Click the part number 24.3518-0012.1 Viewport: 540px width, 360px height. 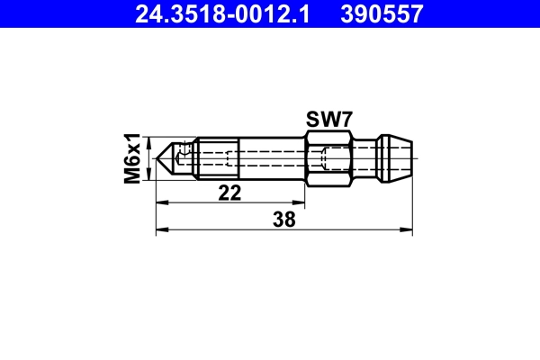coord(222,13)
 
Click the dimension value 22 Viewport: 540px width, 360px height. coord(229,193)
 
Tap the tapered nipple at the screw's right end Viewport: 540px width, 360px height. coord(397,159)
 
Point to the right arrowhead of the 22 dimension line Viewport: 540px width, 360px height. coord(298,204)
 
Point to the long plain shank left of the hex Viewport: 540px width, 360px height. coord(270,159)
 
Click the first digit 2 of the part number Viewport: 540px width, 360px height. coord(141,13)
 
